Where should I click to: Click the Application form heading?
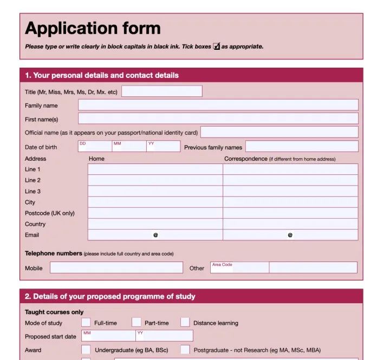click(93, 28)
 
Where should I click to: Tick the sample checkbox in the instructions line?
click(217, 47)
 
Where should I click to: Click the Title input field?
click(161, 91)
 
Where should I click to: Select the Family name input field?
click(218, 105)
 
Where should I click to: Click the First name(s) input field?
click(218, 119)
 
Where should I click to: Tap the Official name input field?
click(279, 132)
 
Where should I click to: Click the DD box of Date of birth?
click(95, 147)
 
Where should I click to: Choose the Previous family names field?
click(302, 147)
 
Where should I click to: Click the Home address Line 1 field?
click(155, 169)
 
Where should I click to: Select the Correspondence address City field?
click(290, 202)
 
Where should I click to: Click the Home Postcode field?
click(155, 213)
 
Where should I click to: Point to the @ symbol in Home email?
click(155, 235)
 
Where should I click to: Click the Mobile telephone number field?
click(116, 267)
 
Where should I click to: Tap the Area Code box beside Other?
click(239, 267)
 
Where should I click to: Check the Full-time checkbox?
click(86, 323)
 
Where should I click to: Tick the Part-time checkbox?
click(136, 323)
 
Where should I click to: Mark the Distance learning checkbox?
click(185, 323)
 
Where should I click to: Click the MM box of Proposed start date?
click(108, 336)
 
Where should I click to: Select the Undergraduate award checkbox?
click(86, 350)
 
